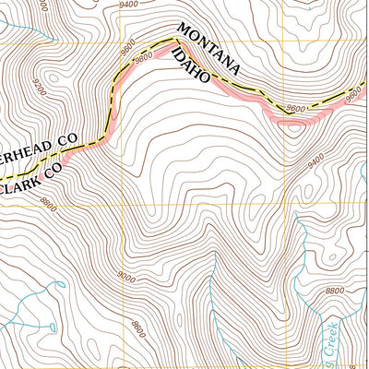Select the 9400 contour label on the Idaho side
[x=316, y=161]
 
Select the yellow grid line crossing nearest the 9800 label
[x=120, y=43]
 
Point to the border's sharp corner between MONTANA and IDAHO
[x=174, y=40]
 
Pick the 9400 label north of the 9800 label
[x=128, y=5]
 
